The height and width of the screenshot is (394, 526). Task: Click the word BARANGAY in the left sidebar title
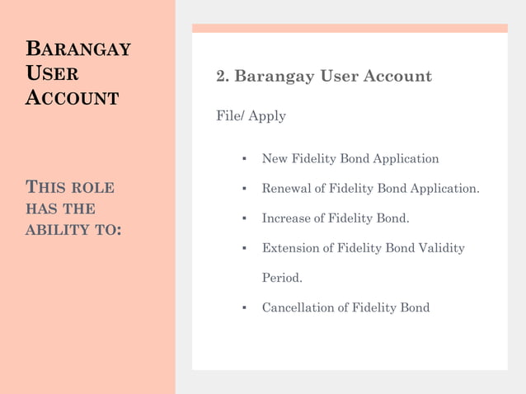click(77, 49)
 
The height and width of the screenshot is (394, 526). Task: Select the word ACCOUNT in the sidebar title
click(72, 98)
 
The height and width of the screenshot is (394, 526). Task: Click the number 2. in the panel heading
click(223, 77)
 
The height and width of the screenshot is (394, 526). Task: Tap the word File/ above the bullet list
click(230, 116)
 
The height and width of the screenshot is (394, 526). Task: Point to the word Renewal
click(286, 189)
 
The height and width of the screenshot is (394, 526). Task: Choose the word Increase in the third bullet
click(287, 218)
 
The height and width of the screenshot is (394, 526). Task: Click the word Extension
click(290, 248)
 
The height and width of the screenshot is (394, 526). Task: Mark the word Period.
click(282, 278)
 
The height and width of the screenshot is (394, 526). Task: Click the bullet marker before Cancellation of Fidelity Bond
click(244, 308)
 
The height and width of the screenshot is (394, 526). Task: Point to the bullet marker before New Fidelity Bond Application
click(244, 159)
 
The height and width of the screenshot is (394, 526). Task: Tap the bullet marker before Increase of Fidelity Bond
click(244, 219)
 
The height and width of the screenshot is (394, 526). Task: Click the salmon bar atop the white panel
click(350, 28)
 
